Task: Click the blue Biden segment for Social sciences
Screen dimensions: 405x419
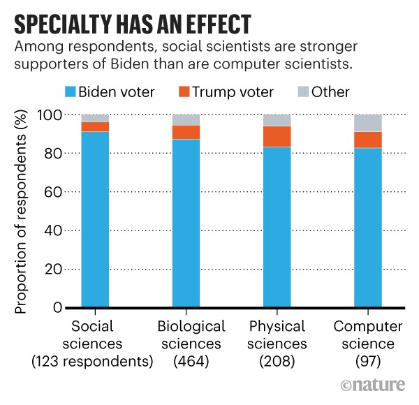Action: click(x=95, y=220)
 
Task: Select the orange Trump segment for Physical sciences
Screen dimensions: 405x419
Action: click(x=277, y=137)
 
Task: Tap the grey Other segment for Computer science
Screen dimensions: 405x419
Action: click(x=368, y=123)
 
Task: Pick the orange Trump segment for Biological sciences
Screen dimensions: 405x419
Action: click(x=186, y=132)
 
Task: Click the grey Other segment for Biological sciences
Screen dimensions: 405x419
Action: click(x=186, y=119)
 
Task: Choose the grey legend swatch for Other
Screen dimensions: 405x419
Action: click(x=304, y=91)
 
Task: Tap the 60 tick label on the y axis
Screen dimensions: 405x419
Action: click(x=54, y=192)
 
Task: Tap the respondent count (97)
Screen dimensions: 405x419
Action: click(x=368, y=362)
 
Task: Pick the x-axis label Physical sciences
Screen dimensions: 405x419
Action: click(x=277, y=335)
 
